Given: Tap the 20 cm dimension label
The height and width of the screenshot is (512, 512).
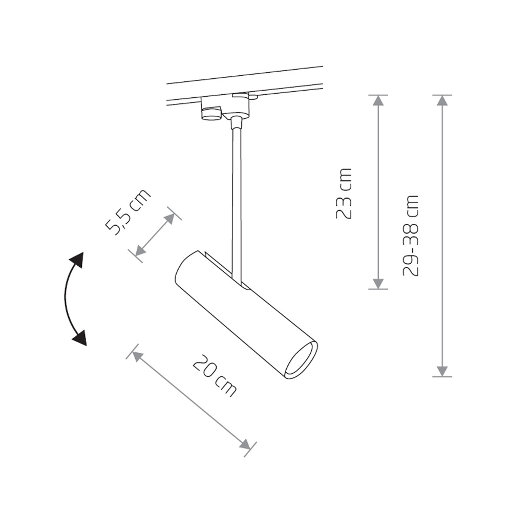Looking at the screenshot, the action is tap(215, 375).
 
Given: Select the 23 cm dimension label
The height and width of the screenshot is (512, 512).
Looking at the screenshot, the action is tap(344, 194).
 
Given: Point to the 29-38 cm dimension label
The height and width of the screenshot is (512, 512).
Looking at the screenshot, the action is tap(411, 236).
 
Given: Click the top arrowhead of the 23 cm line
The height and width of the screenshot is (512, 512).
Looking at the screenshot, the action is tap(378, 100).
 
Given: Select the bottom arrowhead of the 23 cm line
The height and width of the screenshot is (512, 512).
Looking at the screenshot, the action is tap(378, 284).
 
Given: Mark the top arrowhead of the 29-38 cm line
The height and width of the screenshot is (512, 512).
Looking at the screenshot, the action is tap(442, 100).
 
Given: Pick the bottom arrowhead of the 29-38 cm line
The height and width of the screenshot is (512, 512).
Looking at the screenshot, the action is tap(442, 371).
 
